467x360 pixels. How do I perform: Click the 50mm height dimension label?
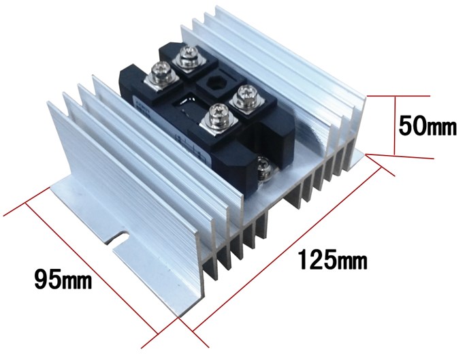(x=428, y=126)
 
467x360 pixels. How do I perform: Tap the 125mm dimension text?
(x=333, y=259)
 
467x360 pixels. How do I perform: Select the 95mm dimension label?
(x=63, y=279)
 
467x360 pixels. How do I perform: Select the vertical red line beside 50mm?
(x=396, y=125)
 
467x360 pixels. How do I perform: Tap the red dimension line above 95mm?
(x=92, y=267)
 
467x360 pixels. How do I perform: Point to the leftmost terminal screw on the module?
(x=161, y=73)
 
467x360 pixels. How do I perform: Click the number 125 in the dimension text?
(x=319, y=259)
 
